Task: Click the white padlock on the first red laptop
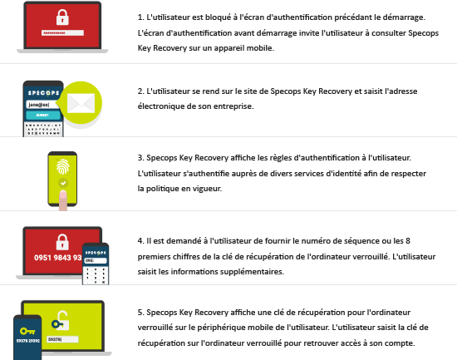pos(62,17)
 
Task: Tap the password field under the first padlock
pos(62,33)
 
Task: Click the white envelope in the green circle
pos(81,103)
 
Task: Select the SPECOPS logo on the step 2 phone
pos(43,93)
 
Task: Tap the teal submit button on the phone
pos(43,116)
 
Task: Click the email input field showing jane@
pos(42,105)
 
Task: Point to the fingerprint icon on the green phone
pos(62,166)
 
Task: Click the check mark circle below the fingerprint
pos(63,183)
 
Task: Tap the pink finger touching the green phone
pos(63,200)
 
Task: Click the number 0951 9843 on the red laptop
pos(57,258)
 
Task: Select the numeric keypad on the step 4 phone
pos(96,275)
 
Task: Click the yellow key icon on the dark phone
pos(27,332)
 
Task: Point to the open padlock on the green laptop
pos(61,321)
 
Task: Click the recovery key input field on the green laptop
pos(62,339)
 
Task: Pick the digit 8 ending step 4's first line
pos(408,240)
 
